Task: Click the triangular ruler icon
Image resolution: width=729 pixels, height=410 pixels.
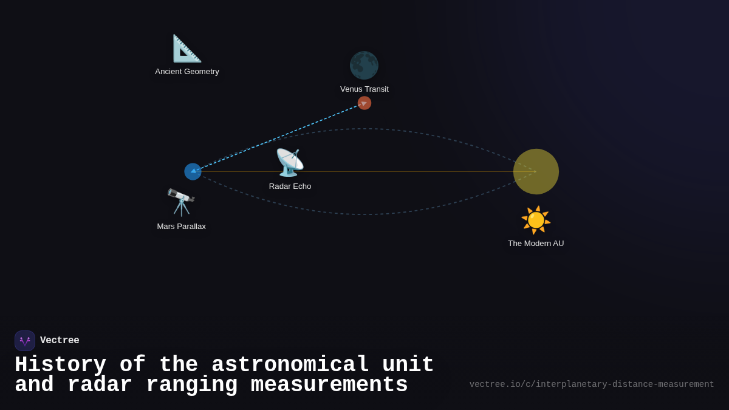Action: tap(187, 49)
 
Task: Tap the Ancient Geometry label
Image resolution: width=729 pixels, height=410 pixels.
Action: tap(187, 72)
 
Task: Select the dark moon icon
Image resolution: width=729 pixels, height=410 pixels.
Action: tap(364, 66)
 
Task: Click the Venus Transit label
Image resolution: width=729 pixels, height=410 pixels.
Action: tap(364, 89)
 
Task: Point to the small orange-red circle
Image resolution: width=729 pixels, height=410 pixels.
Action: tap(364, 103)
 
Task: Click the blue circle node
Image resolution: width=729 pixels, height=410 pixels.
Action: tap(193, 172)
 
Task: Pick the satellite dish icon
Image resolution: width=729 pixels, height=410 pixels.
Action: tap(290, 162)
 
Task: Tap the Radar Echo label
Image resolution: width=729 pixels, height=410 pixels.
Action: tap(290, 186)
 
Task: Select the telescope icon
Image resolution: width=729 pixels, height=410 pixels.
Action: tap(181, 202)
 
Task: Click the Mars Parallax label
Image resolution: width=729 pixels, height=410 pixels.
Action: tap(181, 227)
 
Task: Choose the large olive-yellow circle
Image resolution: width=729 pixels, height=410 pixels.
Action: tap(536, 172)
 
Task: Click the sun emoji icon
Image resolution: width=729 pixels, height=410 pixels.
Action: tap(536, 220)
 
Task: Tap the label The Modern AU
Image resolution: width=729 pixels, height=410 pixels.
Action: tap(536, 244)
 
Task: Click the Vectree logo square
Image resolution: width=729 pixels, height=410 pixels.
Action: tap(25, 341)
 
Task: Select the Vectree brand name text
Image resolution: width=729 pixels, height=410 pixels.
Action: tap(60, 341)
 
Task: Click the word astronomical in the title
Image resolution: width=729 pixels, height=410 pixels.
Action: tap(290, 365)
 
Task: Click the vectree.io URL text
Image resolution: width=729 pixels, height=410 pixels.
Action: tap(592, 384)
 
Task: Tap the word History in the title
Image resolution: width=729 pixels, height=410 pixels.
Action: tap(60, 365)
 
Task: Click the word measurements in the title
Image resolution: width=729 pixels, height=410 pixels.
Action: tap(329, 385)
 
